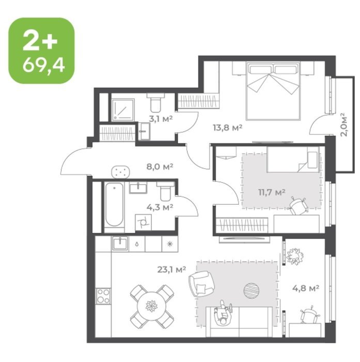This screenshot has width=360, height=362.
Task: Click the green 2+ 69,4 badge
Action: click(41, 50)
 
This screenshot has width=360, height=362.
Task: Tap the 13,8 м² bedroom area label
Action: click(227, 127)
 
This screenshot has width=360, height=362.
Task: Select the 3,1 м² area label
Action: click(161, 119)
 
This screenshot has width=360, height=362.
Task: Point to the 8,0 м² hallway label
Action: click(160, 167)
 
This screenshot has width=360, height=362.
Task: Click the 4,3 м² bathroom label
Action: click(160, 207)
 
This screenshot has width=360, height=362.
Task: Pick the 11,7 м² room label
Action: click(272, 192)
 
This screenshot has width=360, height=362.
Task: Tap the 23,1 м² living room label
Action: click(172, 269)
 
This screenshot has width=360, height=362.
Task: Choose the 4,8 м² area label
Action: click(306, 288)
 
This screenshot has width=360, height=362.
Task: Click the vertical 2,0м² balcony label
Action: click(343, 125)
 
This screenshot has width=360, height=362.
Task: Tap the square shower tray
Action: click(123, 110)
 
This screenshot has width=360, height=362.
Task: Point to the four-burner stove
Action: click(103, 296)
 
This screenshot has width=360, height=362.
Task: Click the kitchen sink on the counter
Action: click(120, 244)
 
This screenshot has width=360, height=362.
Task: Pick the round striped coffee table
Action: click(252, 291)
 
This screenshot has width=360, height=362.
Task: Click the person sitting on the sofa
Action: click(223, 313)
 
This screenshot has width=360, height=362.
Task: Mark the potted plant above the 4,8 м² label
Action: click(295, 257)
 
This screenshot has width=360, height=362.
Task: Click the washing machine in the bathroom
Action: click(143, 222)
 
